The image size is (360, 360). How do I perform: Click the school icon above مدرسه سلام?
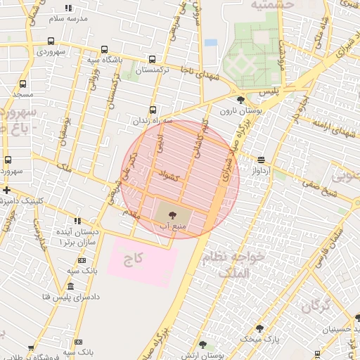(67, 8)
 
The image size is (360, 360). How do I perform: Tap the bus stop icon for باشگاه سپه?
(105, 49)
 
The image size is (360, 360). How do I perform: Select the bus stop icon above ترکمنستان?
(153, 60)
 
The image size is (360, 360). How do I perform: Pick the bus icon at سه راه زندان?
(153, 110)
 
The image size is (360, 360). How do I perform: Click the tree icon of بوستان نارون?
(241, 100)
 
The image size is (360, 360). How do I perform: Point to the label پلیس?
(269, 92)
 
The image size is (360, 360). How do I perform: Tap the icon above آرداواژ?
(261, 160)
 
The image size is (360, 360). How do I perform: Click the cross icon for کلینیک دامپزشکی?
(6, 191)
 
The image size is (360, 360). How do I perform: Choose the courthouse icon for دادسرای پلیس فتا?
(70, 286)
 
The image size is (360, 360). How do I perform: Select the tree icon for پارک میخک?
(259, 328)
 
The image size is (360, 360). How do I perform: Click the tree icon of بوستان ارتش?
(202, 345)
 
